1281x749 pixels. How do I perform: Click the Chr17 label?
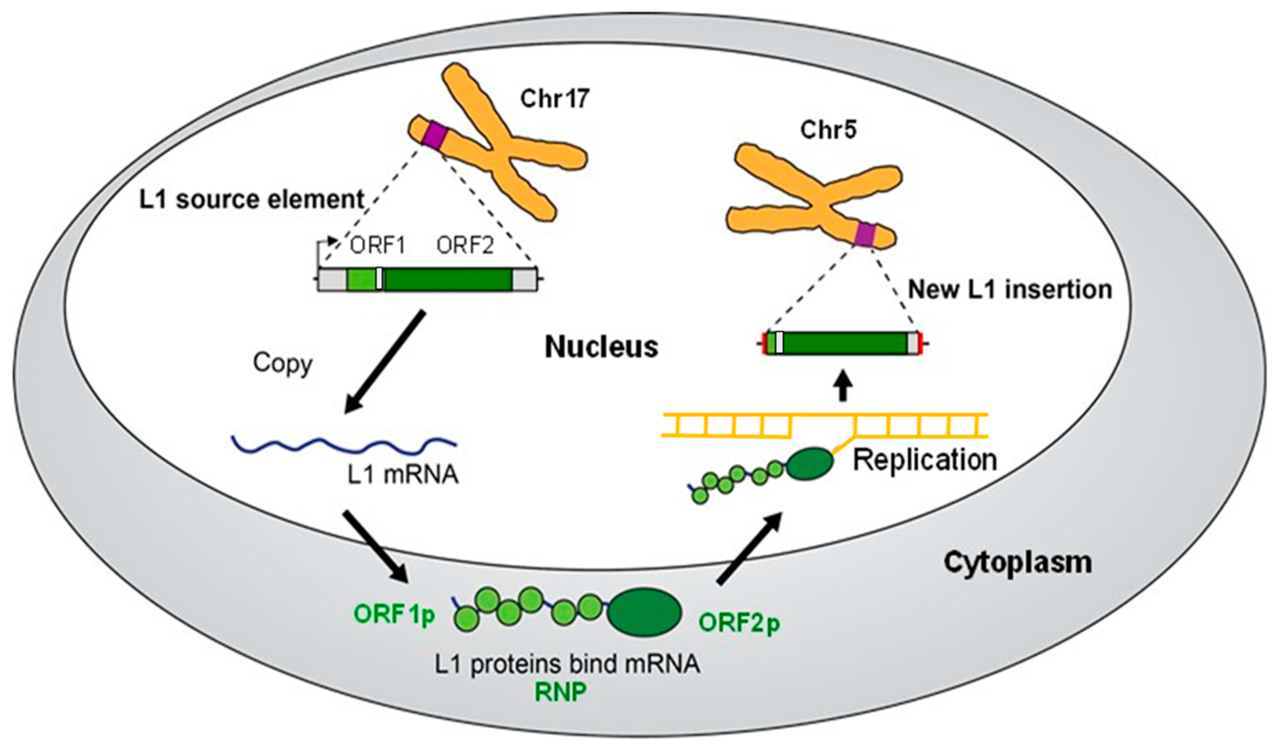pos(554,99)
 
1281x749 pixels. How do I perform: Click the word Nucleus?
pos(601,348)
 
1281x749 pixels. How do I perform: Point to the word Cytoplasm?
pos(1018,563)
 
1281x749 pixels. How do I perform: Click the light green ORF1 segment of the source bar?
pos(361,280)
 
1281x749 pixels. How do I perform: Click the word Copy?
pos(283,364)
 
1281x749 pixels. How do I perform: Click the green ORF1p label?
pos(394,615)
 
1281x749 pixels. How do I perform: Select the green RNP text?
pos(560,692)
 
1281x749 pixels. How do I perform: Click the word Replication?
pos(924,460)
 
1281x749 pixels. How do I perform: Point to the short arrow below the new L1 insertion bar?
pos(844,390)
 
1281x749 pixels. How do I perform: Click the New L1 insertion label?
pos(1010,290)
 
